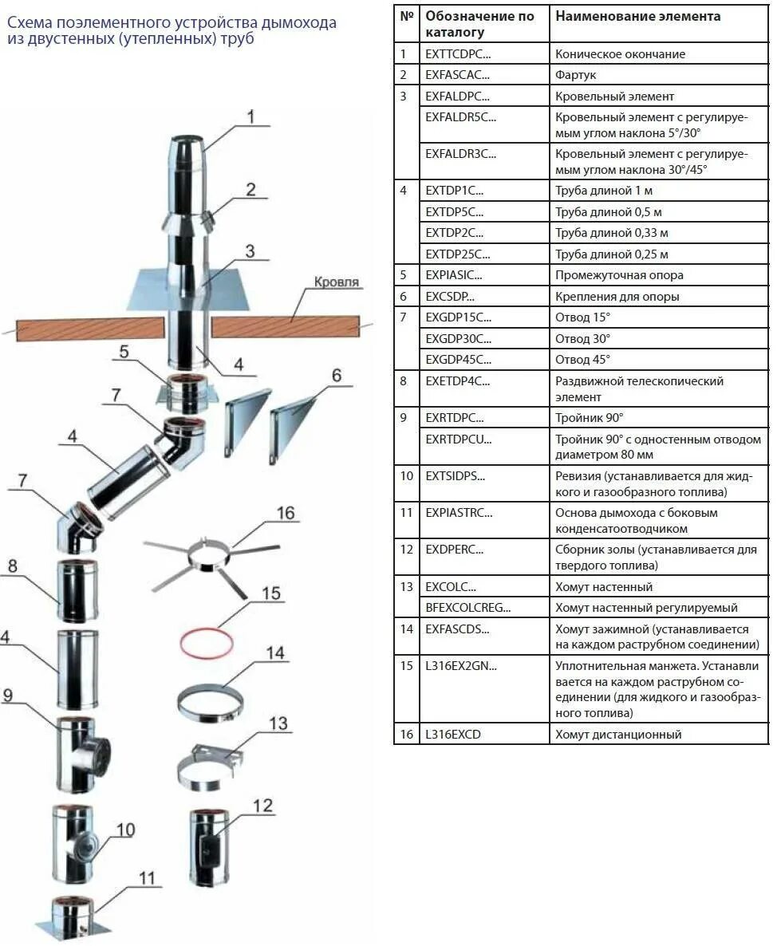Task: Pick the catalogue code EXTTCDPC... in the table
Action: click(458, 54)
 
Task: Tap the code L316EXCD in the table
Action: click(453, 735)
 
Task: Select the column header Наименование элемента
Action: click(637, 16)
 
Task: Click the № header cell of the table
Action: click(407, 16)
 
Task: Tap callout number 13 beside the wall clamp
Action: click(278, 723)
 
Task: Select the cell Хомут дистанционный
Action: click(618, 735)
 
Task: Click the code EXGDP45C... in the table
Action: click(458, 360)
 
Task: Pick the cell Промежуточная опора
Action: click(619, 275)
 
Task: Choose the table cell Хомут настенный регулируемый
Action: click(646, 608)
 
